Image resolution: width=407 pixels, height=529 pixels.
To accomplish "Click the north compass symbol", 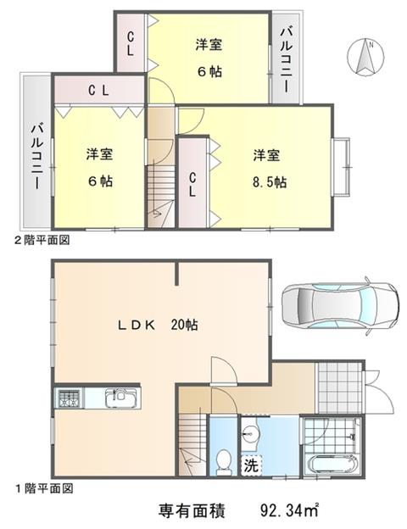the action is pyautogui.click(x=365, y=56).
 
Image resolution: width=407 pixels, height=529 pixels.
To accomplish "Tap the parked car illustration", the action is pyautogui.click(x=340, y=306).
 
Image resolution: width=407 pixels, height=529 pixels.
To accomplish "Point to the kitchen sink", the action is pyautogui.click(x=121, y=398).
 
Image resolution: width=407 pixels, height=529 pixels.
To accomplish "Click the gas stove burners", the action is pyautogui.click(x=70, y=398).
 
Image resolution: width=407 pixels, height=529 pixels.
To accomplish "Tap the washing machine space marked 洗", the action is pyautogui.click(x=251, y=465).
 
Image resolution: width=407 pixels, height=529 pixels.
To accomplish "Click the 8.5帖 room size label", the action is pyautogui.click(x=270, y=182).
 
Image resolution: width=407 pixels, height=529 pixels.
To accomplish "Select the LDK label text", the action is pyautogui.click(x=137, y=325).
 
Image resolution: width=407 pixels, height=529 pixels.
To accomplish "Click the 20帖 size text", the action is pyautogui.click(x=184, y=325).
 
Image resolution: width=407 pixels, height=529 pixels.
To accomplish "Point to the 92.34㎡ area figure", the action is pyautogui.click(x=289, y=510).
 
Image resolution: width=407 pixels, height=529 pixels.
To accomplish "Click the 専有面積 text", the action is pyautogui.click(x=192, y=511).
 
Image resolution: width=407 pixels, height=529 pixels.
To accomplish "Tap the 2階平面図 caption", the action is pyautogui.click(x=42, y=240).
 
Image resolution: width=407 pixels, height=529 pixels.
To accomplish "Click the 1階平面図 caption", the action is pyautogui.click(x=44, y=488).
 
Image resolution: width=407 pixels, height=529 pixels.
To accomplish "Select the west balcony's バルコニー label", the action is pyautogui.click(x=37, y=157).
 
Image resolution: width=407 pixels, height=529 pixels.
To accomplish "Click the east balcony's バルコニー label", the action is pyautogui.click(x=287, y=59).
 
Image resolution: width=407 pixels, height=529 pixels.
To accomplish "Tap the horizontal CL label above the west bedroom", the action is pyautogui.click(x=98, y=90).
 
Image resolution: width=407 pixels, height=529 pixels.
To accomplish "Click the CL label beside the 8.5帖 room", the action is pyautogui.click(x=192, y=185).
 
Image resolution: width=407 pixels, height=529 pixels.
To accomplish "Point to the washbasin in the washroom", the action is pyautogui.click(x=250, y=433).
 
